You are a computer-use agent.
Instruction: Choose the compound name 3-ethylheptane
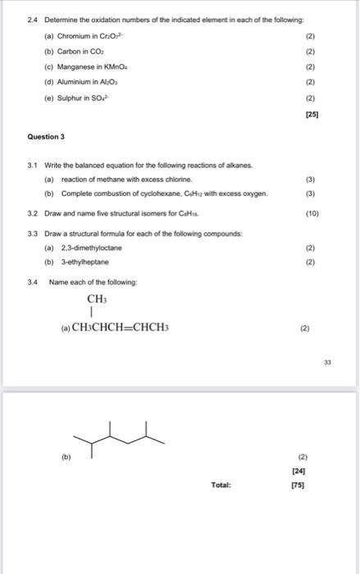pos(86,262)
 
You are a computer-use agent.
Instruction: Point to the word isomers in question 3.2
pos(171,212)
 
